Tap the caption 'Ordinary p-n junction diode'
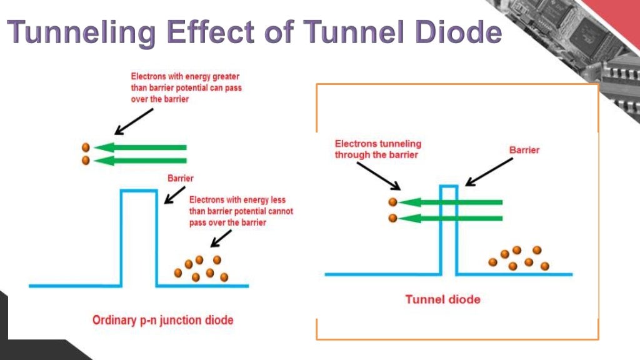pyautogui.click(x=162, y=320)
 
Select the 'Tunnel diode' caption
pyautogui.click(x=442, y=299)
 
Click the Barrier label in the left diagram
pyautogui.click(x=181, y=177)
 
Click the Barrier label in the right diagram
pyautogui.click(x=524, y=150)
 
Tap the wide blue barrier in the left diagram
pyautogui.click(x=138, y=237)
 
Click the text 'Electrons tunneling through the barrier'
pyautogui.click(x=377, y=149)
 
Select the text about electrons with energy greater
pyautogui.click(x=186, y=88)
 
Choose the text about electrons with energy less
pyautogui.click(x=241, y=211)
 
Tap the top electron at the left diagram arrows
pyautogui.click(x=86, y=147)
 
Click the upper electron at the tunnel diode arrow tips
pyautogui.click(x=392, y=202)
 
